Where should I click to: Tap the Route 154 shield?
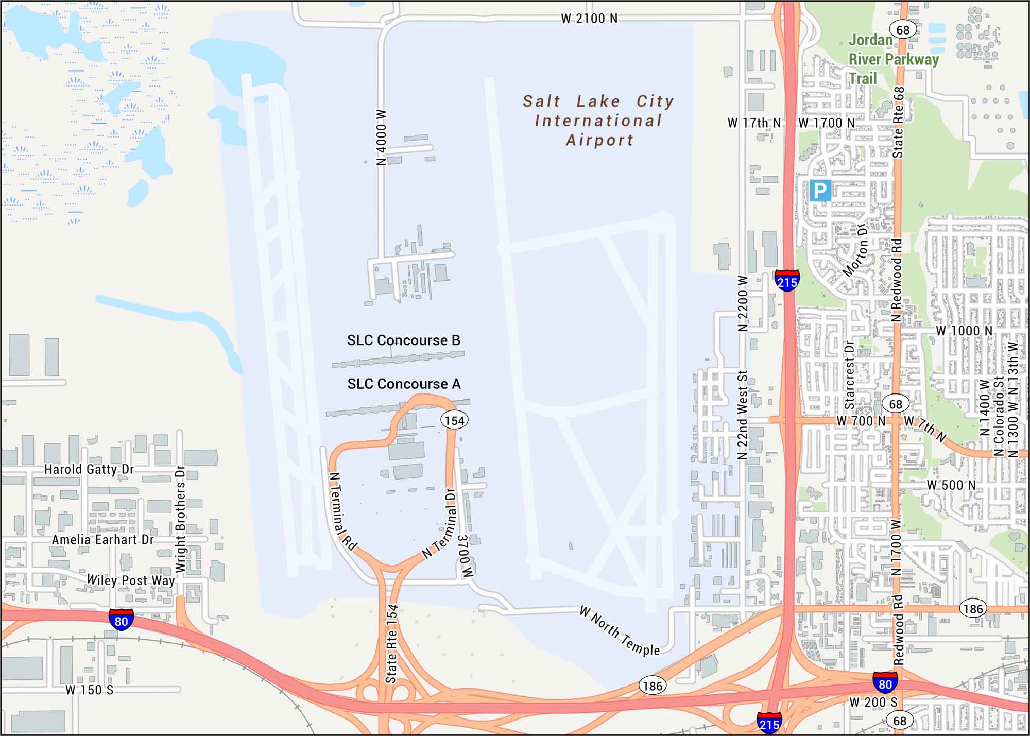click(454, 421)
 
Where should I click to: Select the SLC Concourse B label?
click(403, 340)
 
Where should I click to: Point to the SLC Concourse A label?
click(404, 384)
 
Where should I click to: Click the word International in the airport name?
click(598, 121)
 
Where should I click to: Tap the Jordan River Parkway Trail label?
click(894, 59)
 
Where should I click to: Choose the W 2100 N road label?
click(589, 19)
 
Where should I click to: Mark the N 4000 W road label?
click(381, 137)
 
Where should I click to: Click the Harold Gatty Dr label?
click(89, 469)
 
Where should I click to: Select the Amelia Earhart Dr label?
click(102, 540)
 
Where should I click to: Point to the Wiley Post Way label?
click(131, 580)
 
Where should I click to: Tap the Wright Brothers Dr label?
click(180, 520)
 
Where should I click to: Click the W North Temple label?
click(620, 631)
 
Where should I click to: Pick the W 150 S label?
click(89, 690)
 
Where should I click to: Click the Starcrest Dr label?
click(850, 374)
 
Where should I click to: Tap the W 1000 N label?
click(964, 331)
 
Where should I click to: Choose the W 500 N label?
click(951, 485)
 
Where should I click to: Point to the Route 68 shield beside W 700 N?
click(896, 404)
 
